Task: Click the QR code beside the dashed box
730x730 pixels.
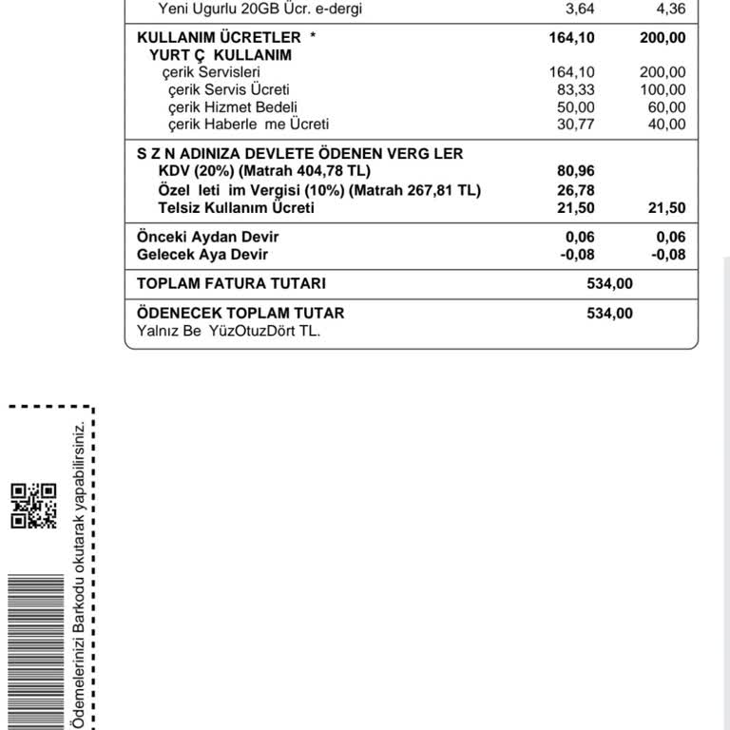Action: point(33,506)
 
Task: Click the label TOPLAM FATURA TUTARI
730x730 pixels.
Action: point(231,283)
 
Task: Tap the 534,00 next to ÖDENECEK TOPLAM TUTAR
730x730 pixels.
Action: point(609,313)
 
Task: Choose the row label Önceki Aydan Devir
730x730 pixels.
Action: point(208,237)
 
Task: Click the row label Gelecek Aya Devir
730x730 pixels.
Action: point(202,255)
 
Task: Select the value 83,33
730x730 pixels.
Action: point(576,89)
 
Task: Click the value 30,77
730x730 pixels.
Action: point(576,124)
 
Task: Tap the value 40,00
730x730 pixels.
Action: point(665,124)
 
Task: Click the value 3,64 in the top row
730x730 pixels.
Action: point(580,10)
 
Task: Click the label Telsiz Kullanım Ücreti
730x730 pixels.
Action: point(236,208)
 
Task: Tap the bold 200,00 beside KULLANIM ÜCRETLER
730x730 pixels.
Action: point(662,37)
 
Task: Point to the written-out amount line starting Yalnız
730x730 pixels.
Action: point(229,331)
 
